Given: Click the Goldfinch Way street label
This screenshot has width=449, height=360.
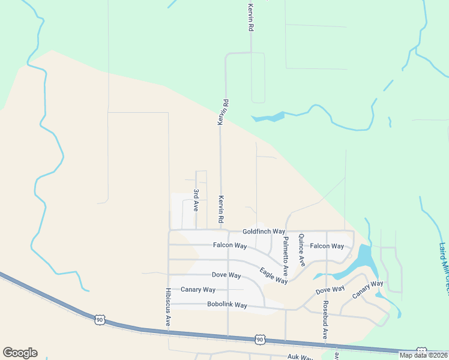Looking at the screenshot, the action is [x=264, y=232].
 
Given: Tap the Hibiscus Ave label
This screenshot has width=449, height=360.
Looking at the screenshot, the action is [x=167, y=307].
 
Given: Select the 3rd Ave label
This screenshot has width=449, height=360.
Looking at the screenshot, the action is [x=196, y=200].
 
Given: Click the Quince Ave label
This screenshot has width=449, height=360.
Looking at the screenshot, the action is [x=301, y=250].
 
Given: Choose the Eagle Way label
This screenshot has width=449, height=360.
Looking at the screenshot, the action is [x=274, y=276].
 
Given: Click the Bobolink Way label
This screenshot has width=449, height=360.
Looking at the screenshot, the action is [x=227, y=305].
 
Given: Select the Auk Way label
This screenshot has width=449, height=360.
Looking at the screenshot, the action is [x=300, y=357].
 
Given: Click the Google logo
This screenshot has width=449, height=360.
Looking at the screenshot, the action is [x=20, y=353].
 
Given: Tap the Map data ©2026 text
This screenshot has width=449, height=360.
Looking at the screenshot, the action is [x=424, y=355].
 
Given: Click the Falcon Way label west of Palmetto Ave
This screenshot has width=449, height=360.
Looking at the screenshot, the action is [x=230, y=245].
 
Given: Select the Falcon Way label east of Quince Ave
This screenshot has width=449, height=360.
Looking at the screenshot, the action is [x=327, y=246].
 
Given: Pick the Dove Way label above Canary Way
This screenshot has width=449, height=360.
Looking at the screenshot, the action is [x=226, y=275].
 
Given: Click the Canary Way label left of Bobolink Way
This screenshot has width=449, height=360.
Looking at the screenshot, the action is [x=198, y=290].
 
